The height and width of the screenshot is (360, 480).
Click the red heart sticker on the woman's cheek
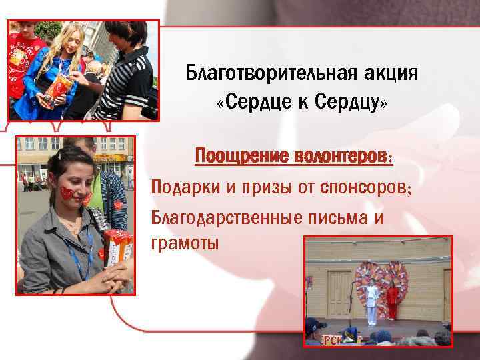[x=66, y=193]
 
